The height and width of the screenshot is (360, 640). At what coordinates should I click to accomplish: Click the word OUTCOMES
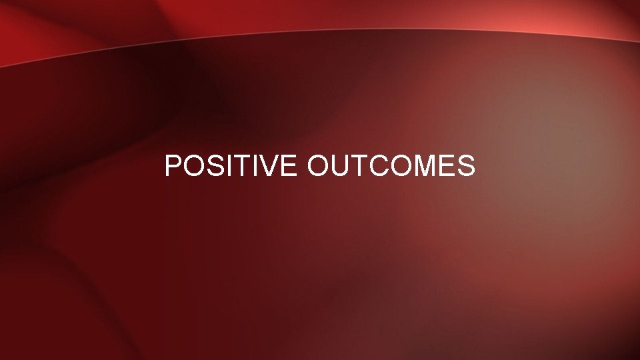391,166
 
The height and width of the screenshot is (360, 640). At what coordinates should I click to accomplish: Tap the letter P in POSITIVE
173,166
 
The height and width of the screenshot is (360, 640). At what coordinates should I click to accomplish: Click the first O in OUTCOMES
319,166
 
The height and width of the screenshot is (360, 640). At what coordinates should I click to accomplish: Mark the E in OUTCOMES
446,166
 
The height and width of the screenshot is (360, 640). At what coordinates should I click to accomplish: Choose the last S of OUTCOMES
466,166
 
